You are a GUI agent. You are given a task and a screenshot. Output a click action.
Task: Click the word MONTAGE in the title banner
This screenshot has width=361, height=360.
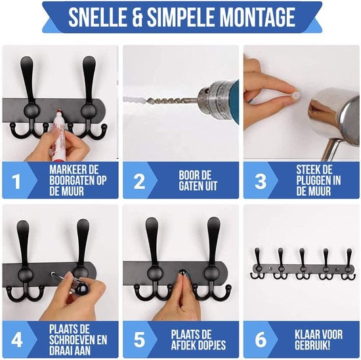click(258, 17)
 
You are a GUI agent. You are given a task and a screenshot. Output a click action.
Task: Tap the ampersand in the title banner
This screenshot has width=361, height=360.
click(137, 17)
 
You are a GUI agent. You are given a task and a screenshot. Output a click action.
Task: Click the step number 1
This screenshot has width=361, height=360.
click(16, 181)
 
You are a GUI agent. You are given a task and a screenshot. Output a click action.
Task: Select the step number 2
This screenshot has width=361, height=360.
click(140, 181)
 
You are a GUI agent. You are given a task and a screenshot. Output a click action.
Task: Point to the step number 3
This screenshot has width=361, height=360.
click(261, 181)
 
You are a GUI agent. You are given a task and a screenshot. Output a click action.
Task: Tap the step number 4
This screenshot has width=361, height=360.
click(17, 340)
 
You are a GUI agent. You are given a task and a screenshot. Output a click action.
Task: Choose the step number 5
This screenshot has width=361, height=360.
click(140, 340)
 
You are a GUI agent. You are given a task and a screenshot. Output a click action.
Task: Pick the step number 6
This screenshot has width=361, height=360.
click(261, 340)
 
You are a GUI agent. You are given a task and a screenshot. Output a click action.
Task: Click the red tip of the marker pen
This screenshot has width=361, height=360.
click(59, 111)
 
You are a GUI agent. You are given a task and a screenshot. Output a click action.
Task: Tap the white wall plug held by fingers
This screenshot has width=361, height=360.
click(296, 95)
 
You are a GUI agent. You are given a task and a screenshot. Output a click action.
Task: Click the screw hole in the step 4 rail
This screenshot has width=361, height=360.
click(53, 274)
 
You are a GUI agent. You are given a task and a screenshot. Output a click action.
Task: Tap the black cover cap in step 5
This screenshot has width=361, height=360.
click(182, 272)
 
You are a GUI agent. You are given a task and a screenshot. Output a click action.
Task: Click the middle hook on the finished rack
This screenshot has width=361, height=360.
click(303, 264)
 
